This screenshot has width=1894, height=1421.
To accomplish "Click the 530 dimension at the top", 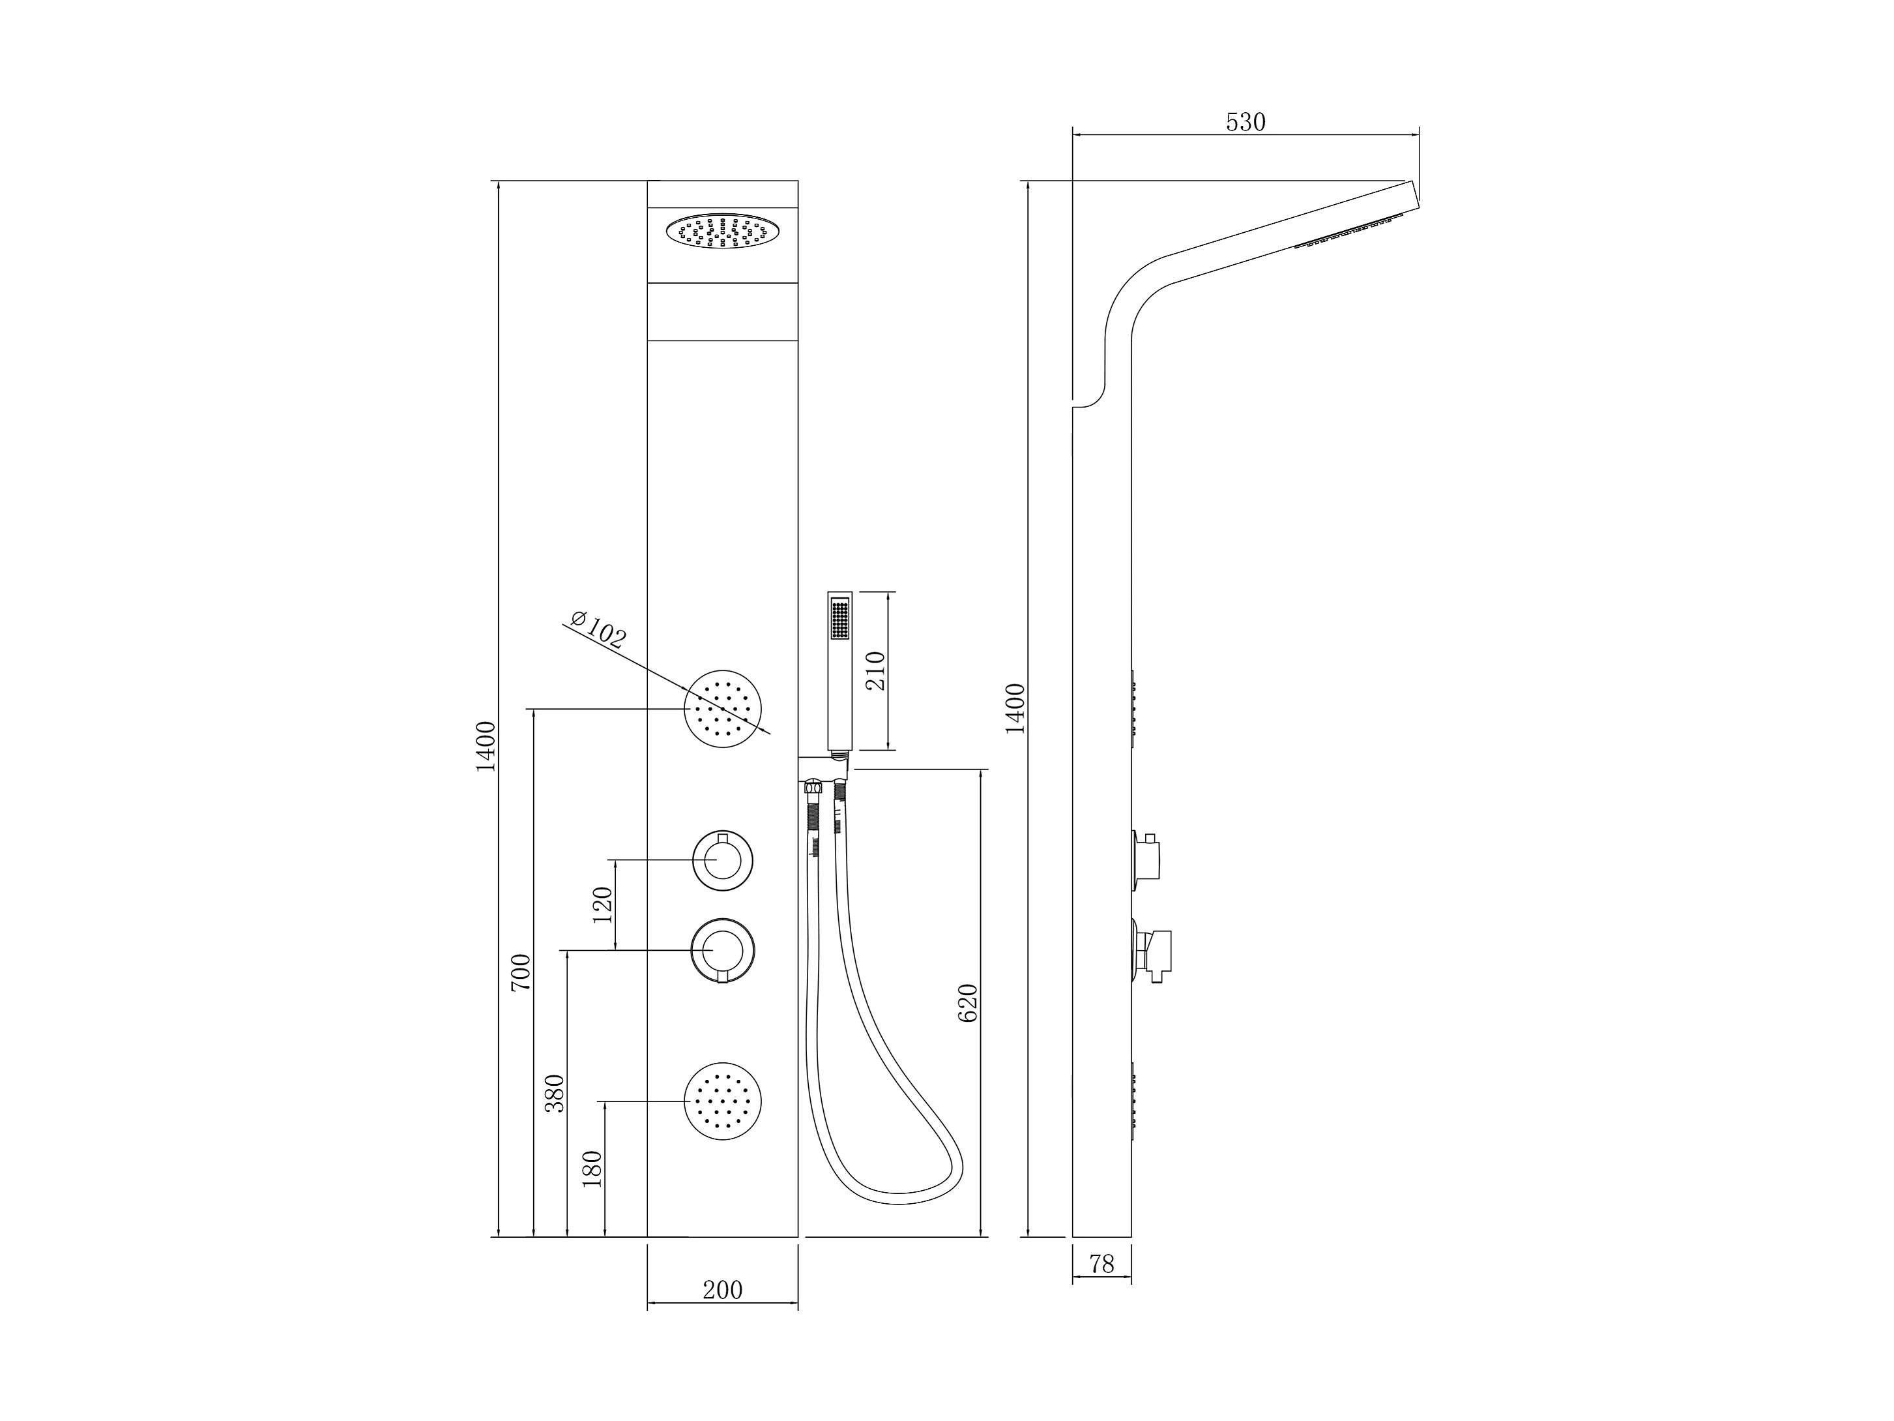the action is pos(1245,123).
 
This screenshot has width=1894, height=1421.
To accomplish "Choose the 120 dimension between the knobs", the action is pos(603,905).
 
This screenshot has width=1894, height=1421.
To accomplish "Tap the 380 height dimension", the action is pos(555,1093).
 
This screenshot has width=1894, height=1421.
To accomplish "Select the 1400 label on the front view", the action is pos(486,746).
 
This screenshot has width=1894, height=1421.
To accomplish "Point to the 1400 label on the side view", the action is pos(1015,708).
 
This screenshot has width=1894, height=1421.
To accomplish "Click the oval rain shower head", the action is pos(723,232).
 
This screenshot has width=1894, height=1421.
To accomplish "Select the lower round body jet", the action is pos(723,1101).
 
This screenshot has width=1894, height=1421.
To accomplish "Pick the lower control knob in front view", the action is pos(723,951).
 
